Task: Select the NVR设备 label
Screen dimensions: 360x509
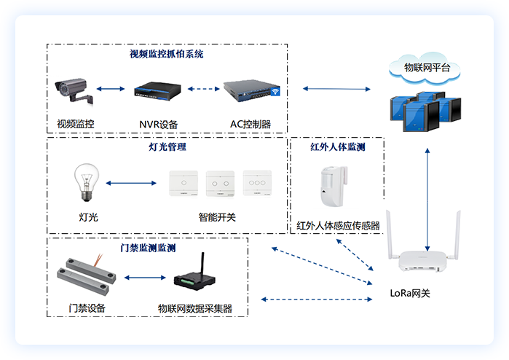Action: tap(159, 124)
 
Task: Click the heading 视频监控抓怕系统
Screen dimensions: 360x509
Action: tap(167, 54)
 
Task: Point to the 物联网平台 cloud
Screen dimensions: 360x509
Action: tap(427, 69)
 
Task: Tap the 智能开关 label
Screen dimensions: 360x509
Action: tap(217, 217)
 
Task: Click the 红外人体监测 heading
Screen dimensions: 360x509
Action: tap(337, 147)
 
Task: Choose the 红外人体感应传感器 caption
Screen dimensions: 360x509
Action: tap(338, 226)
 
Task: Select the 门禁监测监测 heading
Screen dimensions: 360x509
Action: tap(148, 248)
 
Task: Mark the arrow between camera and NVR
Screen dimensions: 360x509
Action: tap(110, 90)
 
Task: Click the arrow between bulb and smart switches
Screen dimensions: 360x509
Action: tap(132, 183)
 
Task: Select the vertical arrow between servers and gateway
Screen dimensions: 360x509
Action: tap(428, 197)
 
